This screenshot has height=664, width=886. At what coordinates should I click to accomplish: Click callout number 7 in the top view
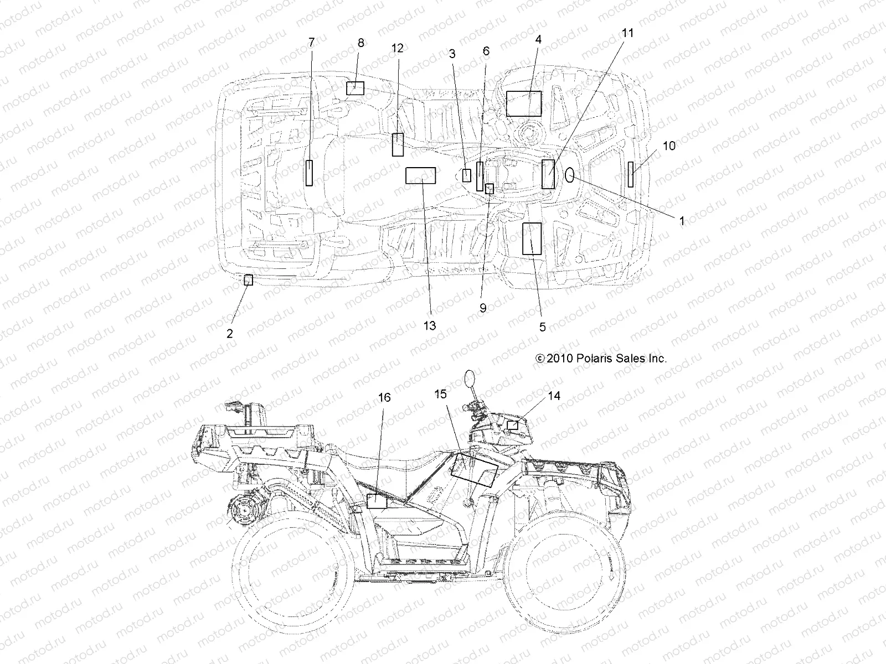tap(311, 42)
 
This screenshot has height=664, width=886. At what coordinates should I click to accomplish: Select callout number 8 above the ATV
tap(361, 43)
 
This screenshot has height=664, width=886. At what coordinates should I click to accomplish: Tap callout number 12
tap(398, 48)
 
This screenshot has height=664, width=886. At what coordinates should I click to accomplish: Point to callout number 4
tap(538, 39)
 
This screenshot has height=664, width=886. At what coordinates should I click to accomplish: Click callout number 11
tap(627, 33)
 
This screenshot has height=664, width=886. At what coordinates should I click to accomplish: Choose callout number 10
tap(669, 146)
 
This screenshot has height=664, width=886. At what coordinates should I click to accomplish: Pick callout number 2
tap(230, 333)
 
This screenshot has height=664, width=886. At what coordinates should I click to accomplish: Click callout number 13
tap(430, 325)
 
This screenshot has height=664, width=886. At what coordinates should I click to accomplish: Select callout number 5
tap(542, 327)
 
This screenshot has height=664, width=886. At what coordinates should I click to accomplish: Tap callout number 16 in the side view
tap(384, 397)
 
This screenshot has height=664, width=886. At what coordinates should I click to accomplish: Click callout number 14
tap(554, 396)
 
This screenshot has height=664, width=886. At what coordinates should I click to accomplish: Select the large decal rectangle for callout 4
tap(524, 103)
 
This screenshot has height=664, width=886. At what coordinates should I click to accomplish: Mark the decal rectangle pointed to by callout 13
tap(421, 175)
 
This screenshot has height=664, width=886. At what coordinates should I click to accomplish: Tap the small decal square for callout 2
tap(249, 280)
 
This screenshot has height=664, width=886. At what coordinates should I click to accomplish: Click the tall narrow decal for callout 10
tap(631, 175)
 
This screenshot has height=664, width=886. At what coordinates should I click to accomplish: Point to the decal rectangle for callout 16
tap(377, 501)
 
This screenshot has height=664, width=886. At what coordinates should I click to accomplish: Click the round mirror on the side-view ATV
tap(470, 378)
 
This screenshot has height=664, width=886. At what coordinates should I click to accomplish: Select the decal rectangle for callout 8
tap(355, 88)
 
